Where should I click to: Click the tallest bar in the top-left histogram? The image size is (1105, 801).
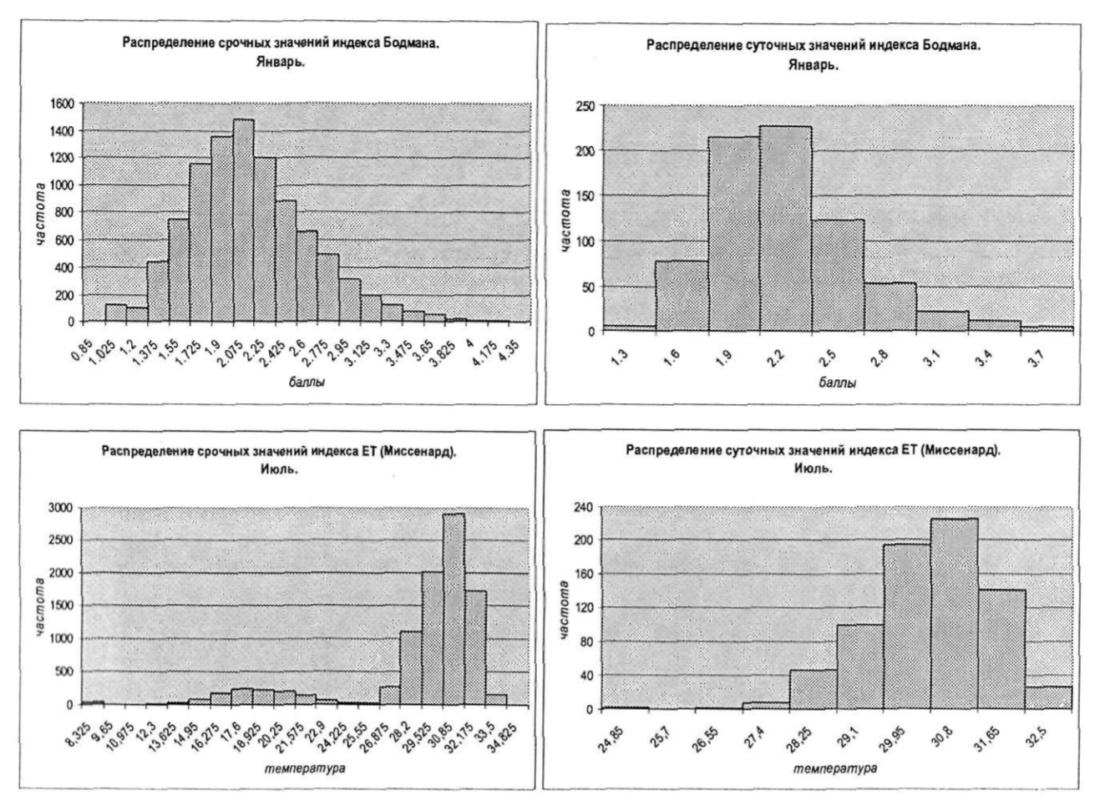pos(243,221)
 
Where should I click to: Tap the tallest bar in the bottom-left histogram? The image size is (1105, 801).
pos(454,609)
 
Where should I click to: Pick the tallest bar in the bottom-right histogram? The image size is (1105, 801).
pos(954,614)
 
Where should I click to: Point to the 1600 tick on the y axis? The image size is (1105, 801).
pos(63,104)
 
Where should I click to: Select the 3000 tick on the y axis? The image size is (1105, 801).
pos(61,507)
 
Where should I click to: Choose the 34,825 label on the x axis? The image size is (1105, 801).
pos(498,735)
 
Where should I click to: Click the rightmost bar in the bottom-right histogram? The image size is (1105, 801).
pos(1048,697)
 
